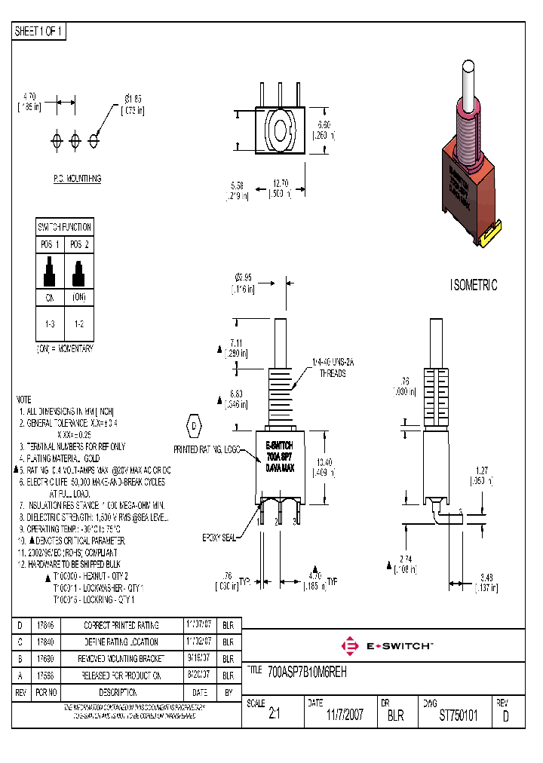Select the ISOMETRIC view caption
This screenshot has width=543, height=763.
(x=474, y=286)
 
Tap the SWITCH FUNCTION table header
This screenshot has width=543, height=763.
(x=64, y=227)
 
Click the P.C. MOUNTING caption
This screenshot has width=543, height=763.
(x=77, y=179)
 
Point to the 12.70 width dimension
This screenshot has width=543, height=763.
(x=281, y=187)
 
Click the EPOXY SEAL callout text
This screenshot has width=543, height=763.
(x=219, y=538)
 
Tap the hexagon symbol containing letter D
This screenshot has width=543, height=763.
(x=193, y=425)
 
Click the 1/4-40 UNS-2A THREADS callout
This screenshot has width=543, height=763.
(x=333, y=367)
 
